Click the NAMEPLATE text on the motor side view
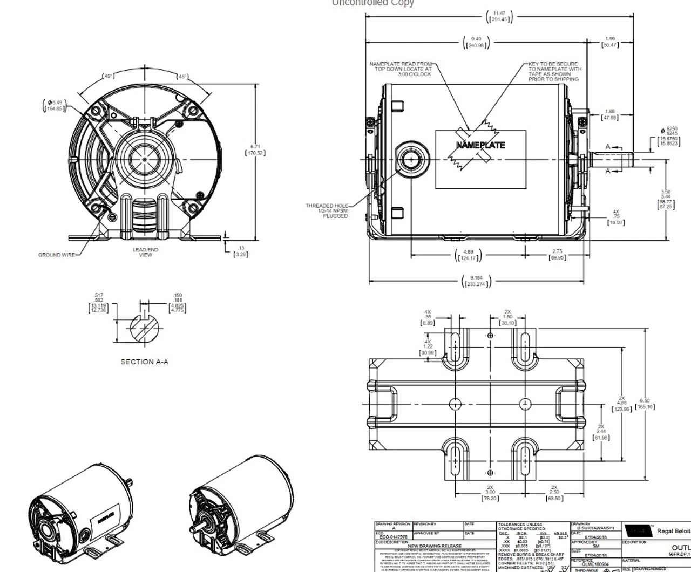480,145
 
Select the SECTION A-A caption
144,362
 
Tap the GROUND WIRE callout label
57,255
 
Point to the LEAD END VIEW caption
145,252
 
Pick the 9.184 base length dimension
476,281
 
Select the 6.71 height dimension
255,149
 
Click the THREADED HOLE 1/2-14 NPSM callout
327,210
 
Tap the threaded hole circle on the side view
411,159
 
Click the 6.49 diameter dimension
55,105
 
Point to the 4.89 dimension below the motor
468,255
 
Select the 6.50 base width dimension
645,404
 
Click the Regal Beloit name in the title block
673,531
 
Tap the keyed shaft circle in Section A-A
145,327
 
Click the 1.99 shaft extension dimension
610,42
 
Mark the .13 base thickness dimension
241,251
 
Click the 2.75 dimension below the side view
557,255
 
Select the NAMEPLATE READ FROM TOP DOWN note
401,69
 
